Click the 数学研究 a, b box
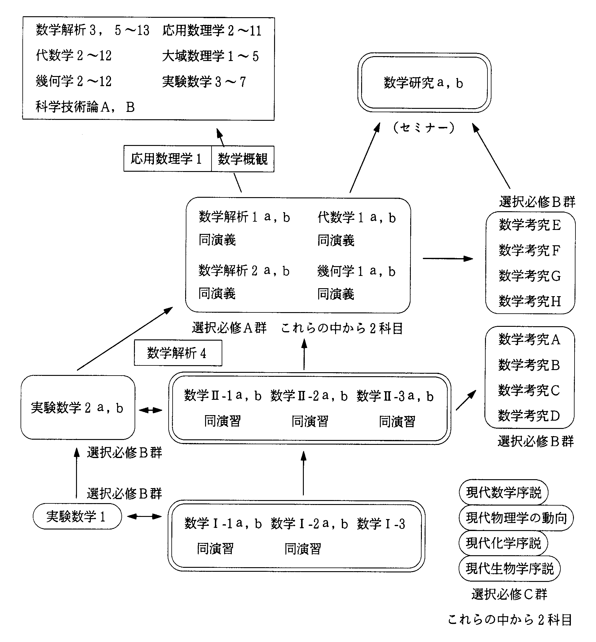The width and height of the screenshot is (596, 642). click(424, 83)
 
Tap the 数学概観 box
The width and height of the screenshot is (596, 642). click(243, 159)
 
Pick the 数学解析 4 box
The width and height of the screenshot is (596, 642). click(178, 353)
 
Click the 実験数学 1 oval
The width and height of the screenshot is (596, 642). click(77, 516)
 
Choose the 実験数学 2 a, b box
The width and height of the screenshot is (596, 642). click(77, 407)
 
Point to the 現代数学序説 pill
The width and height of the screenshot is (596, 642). click(503, 492)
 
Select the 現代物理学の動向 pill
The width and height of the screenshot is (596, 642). click(516, 518)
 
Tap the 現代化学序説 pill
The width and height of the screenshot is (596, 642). click(503, 543)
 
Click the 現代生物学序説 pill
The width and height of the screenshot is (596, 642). click(509, 568)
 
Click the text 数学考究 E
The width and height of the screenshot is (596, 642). click(529, 225)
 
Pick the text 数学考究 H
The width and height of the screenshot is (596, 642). click(529, 301)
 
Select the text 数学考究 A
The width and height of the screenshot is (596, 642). click(529, 339)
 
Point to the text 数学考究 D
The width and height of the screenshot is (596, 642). click(529, 416)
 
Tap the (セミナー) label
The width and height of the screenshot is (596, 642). click(424, 128)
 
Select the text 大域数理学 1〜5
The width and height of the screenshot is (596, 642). click(210, 56)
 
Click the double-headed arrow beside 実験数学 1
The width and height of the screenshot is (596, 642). click(144, 517)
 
